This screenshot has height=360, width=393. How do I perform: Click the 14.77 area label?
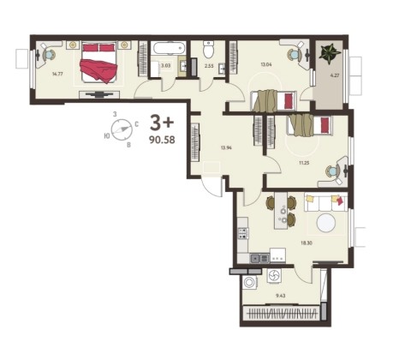pyautogui.click(x=57, y=74)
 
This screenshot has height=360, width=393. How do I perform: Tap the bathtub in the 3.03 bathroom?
pyautogui.click(x=169, y=48)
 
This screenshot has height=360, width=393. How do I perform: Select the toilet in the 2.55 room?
pyautogui.click(x=209, y=49)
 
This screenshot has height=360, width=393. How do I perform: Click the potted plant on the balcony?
pyautogui.click(x=330, y=53)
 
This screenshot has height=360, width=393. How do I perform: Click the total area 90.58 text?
pyautogui.click(x=162, y=140)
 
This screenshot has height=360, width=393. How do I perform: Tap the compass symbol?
pyautogui.click(x=122, y=129)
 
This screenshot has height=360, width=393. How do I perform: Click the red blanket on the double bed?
pyautogui.click(x=98, y=70)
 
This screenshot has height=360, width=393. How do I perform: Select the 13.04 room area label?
pyautogui.click(x=266, y=64)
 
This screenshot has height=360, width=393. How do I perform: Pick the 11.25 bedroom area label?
pyautogui.click(x=304, y=163)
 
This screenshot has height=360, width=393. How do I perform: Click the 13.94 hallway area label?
pyautogui.click(x=226, y=147)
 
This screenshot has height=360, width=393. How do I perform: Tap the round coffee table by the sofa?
pyautogui.click(x=325, y=223)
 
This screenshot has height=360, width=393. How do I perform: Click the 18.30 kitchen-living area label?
pyautogui.click(x=306, y=243)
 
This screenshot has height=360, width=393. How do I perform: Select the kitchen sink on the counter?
pyautogui.click(x=259, y=259)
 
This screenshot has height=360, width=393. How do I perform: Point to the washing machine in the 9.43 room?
pyautogui.click(x=251, y=282)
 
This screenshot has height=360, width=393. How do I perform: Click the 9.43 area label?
pyautogui.click(x=281, y=296)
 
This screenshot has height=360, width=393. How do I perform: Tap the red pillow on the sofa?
pyautogui.click(x=340, y=201)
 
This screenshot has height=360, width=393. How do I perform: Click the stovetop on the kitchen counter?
pyautogui.click(x=243, y=233)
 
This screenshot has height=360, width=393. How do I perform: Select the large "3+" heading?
pyautogui.click(x=162, y=123)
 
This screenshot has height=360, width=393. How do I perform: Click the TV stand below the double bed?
pyautogui.click(x=99, y=94)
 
